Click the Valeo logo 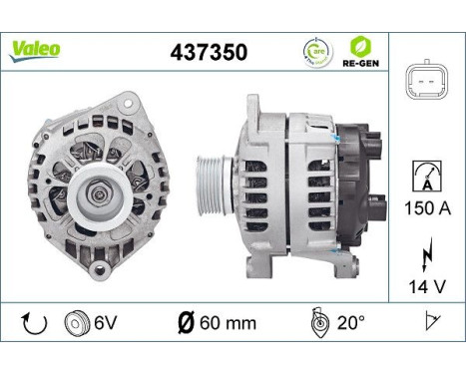click(x=35, y=48)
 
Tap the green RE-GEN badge click(x=359, y=51)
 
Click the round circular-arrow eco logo click(x=315, y=52)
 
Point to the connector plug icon click(x=426, y=85)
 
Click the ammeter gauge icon click(x=426, y=177)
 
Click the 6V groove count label click(x=105, y=323)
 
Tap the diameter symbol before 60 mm click(x=186, y=322)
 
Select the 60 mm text click(x=231, y=323)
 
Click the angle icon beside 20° click(x=317, y=322)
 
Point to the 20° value click(x=350, y=322)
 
